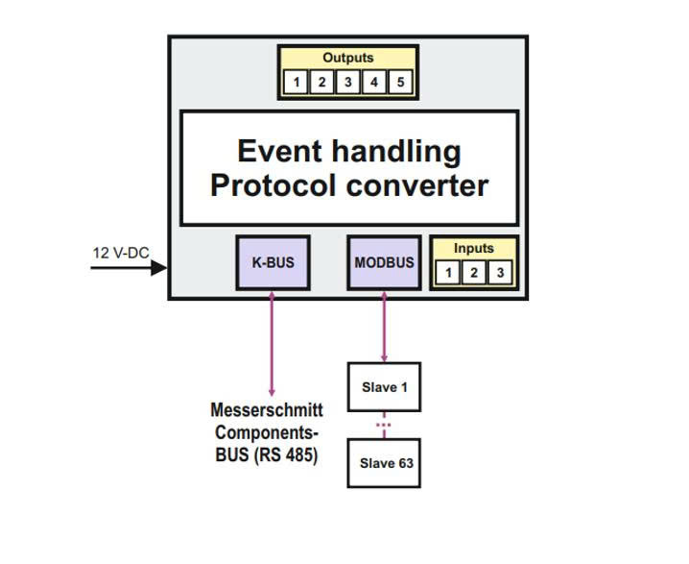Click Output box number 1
pyautogui.click(x=297, y=83)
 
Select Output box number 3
pyautogui.click(x=348, y=83)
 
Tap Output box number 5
pyautogui.click(x=400, y=83)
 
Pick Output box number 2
pyautogui.click(x=322, y=83)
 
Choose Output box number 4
pyautogui.click(x=374, y=83)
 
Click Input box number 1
pyautogui.click(x=448, y=273)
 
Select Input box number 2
pyautogui.click(x=473, y=273)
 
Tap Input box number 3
pyautogui.click(x=498, y=273)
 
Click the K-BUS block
pyautogui.click(x=273, y=262)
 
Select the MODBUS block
pyautogui.click(x=384, y=262)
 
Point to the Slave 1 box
pyautogui.click(x=384, y=387)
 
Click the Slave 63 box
pyautogui.click(x=384, y=463)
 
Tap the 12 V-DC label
pyautogui.click(x=121, y=253)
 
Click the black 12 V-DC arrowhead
pyautogui.click(x=158, y=267)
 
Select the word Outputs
pyautogui.click(x=348, y=58)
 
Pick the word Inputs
pyautogui.click(x=473, y=248)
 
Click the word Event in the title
pyautogui.click(x=278, y=151)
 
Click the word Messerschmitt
pyautogui.click(x=267, y=410)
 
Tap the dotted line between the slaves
pyautogui.click(x=384, y=424)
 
